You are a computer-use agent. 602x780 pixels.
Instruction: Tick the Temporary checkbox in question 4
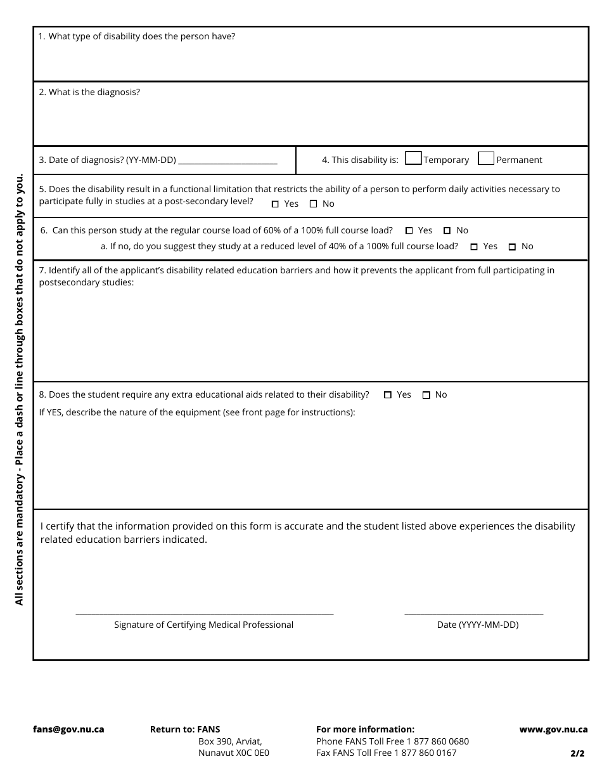(413, 159)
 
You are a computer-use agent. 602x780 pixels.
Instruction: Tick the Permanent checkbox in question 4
(486, 159)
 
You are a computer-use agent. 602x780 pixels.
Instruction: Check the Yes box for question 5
(275, 204)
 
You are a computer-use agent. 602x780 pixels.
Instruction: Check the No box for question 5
(313, 204)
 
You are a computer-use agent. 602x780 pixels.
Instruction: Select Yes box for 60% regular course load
(409, 231)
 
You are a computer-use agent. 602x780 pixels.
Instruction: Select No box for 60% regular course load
(447, 231)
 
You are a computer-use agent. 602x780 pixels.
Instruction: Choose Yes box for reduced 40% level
(474, 247)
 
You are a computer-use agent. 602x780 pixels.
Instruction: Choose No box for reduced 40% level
(512, 247)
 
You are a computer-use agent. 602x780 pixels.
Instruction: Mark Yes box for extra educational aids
(388, 395)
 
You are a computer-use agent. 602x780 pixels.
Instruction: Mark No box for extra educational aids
(426, 395)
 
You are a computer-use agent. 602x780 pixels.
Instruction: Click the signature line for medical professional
(204, 611)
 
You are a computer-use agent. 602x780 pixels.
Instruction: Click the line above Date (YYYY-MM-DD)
(473, 611)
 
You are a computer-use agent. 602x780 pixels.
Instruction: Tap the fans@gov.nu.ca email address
(68, 729)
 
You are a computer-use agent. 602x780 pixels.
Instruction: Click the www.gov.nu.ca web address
(553, 729)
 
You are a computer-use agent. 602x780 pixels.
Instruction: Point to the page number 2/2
(577, 754)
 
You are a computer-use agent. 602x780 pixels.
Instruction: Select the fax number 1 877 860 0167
(425, 753)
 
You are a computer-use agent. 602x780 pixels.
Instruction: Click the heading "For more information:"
(365, 729)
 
